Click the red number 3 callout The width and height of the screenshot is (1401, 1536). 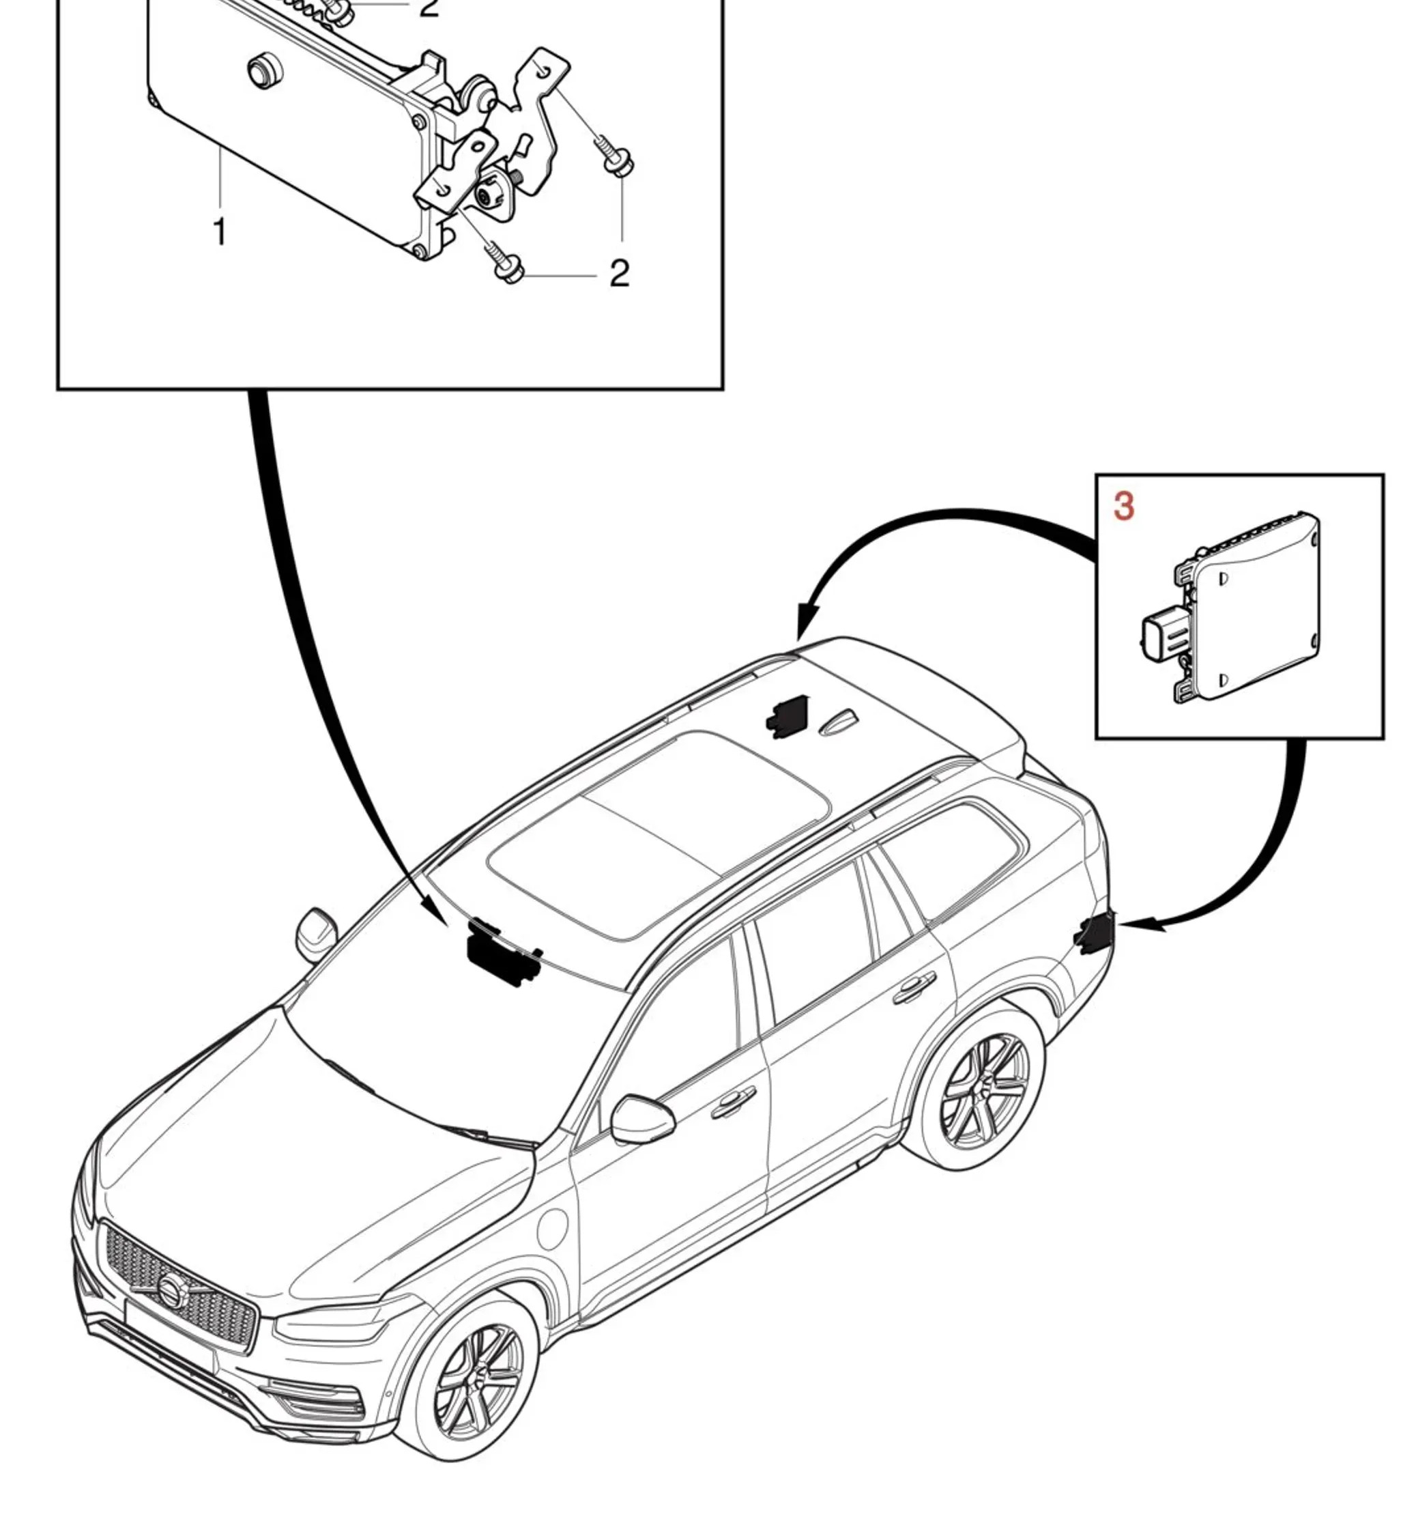click(x=1123, y=507)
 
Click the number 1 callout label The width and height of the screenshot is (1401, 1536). click(x=220, y=231)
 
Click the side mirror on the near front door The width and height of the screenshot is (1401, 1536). click(x=642, y=1120)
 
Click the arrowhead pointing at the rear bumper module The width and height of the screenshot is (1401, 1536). click(x=1133, y=924)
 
